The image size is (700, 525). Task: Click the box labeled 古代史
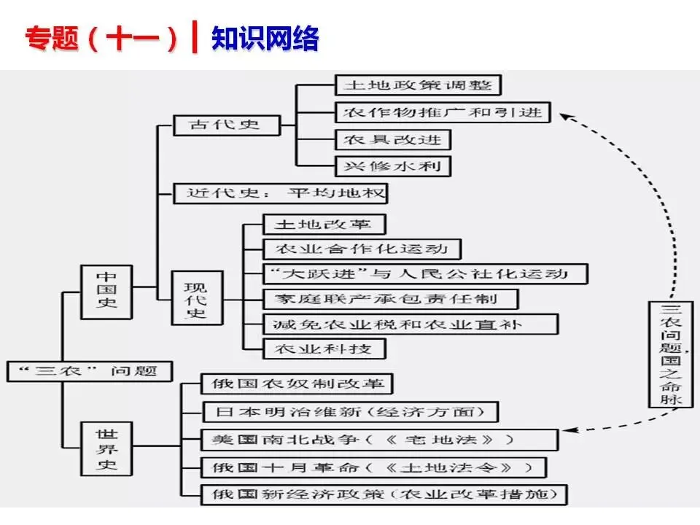[227, 125]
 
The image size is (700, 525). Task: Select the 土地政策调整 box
[419, 85]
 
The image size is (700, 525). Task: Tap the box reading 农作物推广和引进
[443, 112]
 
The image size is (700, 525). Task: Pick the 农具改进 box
[393, 140]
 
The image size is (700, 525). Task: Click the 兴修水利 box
[393, 166]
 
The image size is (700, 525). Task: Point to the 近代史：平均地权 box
[280, 193]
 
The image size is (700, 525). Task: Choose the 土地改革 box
[324, 224]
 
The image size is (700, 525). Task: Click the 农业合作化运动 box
[362, 249]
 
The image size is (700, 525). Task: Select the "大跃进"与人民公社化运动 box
[425, 274]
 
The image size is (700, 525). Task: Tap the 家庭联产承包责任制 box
[390, 299]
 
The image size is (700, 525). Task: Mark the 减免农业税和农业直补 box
[410, 324]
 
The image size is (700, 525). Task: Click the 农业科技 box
[324, 349]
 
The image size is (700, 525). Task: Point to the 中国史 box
[106, 292]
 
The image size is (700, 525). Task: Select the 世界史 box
[106, 448]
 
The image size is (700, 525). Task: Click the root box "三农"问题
[90, 371]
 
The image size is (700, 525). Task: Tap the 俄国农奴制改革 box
[297, 384]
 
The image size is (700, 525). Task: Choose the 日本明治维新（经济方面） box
[350, 411]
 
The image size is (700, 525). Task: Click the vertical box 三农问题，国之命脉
[671, 354]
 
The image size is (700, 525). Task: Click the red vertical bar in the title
[194, 37]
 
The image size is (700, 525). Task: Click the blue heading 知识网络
[265, 38]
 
